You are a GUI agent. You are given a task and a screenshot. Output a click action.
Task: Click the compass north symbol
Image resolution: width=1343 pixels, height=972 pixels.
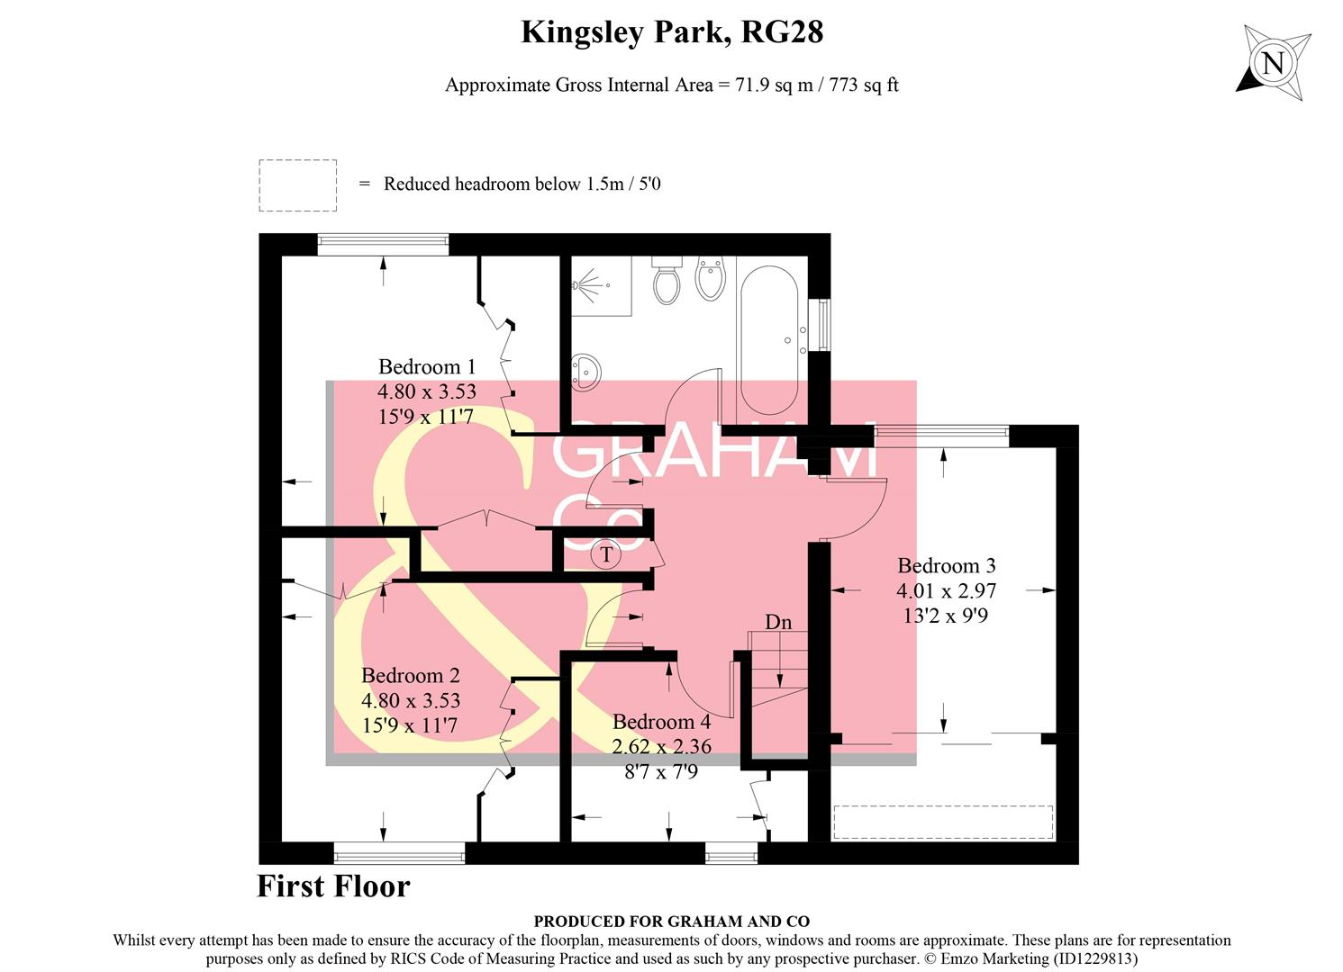1273,63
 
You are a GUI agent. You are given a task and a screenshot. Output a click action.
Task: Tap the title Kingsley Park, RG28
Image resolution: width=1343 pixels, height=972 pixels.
672,32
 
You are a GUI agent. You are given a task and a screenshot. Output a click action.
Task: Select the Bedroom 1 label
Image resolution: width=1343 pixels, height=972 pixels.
426,367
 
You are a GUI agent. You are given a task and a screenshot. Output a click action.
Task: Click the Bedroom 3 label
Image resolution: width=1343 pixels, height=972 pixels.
946,566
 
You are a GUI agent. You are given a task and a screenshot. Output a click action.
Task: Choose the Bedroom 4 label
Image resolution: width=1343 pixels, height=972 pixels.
661,722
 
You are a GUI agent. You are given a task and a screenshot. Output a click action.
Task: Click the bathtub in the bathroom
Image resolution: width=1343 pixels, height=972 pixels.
768,337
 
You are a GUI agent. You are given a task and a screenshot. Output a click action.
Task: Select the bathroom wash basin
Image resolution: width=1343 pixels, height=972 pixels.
586,370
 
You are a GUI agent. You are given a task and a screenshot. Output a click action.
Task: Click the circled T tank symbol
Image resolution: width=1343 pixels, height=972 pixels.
606,554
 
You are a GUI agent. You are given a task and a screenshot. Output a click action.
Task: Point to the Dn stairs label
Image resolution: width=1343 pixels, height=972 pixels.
778,622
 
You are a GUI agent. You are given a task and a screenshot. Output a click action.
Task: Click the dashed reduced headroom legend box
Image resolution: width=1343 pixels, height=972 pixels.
297,185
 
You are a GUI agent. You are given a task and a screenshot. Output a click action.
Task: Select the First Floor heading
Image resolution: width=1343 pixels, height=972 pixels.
333,886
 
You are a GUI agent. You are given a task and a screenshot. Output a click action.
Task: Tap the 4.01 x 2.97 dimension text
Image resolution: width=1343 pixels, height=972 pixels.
946,591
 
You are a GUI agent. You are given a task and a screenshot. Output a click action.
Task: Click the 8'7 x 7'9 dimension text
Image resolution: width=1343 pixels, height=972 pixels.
661,772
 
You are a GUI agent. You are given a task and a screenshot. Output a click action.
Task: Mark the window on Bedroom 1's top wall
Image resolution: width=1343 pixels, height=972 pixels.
383,241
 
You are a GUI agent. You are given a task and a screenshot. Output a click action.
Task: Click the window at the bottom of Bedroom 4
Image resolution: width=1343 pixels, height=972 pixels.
730,853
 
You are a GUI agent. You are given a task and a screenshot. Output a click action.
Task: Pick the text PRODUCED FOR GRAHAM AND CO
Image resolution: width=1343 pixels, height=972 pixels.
671,922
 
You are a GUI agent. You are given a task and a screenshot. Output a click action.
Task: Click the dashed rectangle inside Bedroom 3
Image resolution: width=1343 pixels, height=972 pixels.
943,823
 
